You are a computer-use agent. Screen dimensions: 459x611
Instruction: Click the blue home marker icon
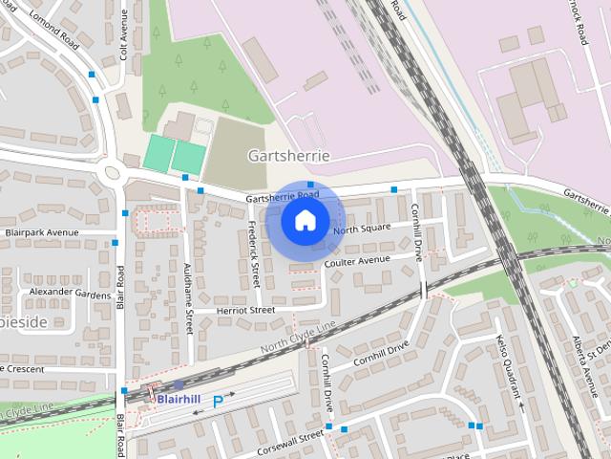tap(305, 220)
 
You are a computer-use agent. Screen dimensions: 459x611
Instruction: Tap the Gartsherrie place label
tap(288, 155)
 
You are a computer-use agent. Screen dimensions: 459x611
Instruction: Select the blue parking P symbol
tap(218, 402)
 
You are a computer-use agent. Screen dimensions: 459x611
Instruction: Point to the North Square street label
tap(362, 228)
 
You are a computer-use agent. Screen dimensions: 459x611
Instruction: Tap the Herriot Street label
tap(245, 310)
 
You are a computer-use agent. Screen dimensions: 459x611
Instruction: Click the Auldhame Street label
tap(189, 298)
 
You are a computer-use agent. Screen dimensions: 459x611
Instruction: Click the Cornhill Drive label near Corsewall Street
tap(327, 379)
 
